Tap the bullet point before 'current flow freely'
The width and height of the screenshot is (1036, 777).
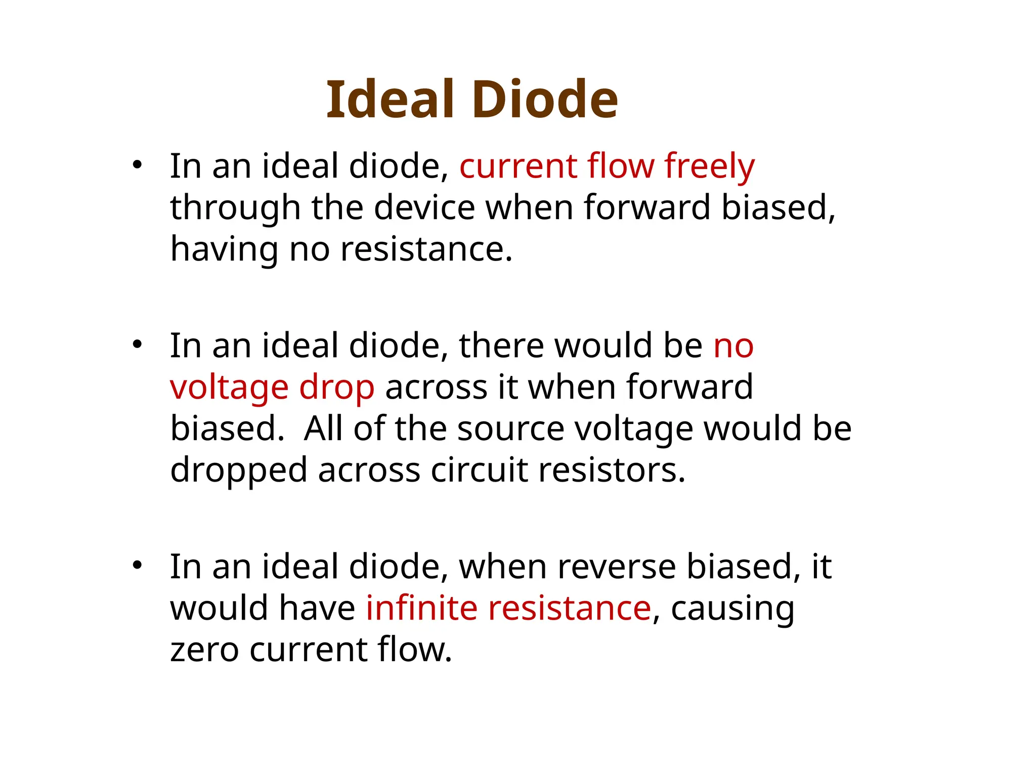tap(137, 165)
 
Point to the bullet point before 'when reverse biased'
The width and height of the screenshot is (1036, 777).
tap(137, 566)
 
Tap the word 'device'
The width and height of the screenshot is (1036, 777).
tap(424, 208)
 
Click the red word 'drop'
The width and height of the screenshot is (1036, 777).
tap(337, 387)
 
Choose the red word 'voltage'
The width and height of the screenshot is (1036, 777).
tap(229, 387)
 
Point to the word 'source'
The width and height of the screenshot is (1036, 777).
tap(510, 429)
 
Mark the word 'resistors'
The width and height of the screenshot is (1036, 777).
tap(612, 470)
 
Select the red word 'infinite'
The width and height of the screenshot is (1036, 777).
tap(421, 608)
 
